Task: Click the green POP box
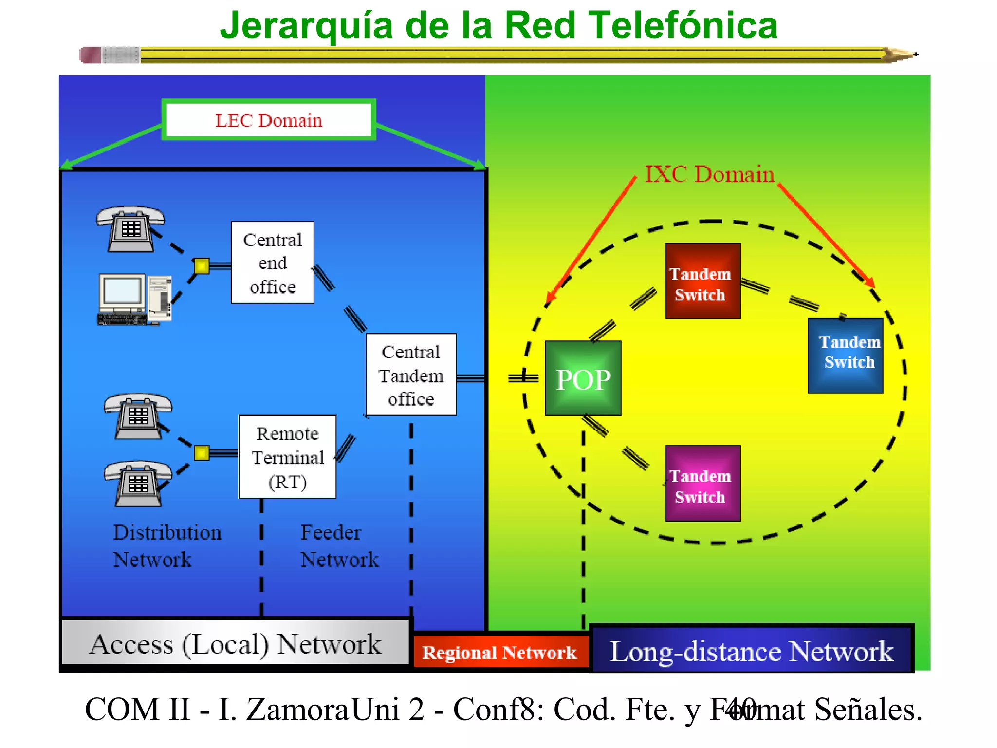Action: coord(583,378)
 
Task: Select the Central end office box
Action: coord(272,263)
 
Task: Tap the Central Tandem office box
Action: coord(411,374)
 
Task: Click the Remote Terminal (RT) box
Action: coord(287,457)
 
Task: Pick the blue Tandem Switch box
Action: coord(846,355)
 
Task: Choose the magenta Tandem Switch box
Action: coord(703,484)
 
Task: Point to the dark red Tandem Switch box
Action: coord(703,281)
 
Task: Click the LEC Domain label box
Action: coord(269,120)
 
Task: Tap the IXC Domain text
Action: coord(709,174)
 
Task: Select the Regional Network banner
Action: coord(499,652)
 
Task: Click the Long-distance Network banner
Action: coord(751,650)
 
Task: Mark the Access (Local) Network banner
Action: coord(236,643)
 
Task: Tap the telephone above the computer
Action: coord(130,228)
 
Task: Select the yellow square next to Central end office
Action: coord(202,266)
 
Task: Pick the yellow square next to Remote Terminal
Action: coord(202,453)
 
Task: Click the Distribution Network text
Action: coord(166,545)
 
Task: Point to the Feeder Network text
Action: coord(339,545)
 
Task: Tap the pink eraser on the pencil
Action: coord(90,55)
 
